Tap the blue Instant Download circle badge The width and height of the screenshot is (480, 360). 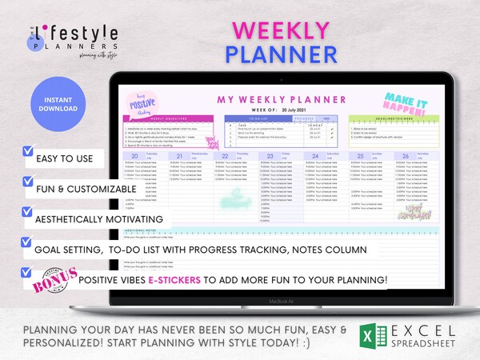[x=54, y=106]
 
